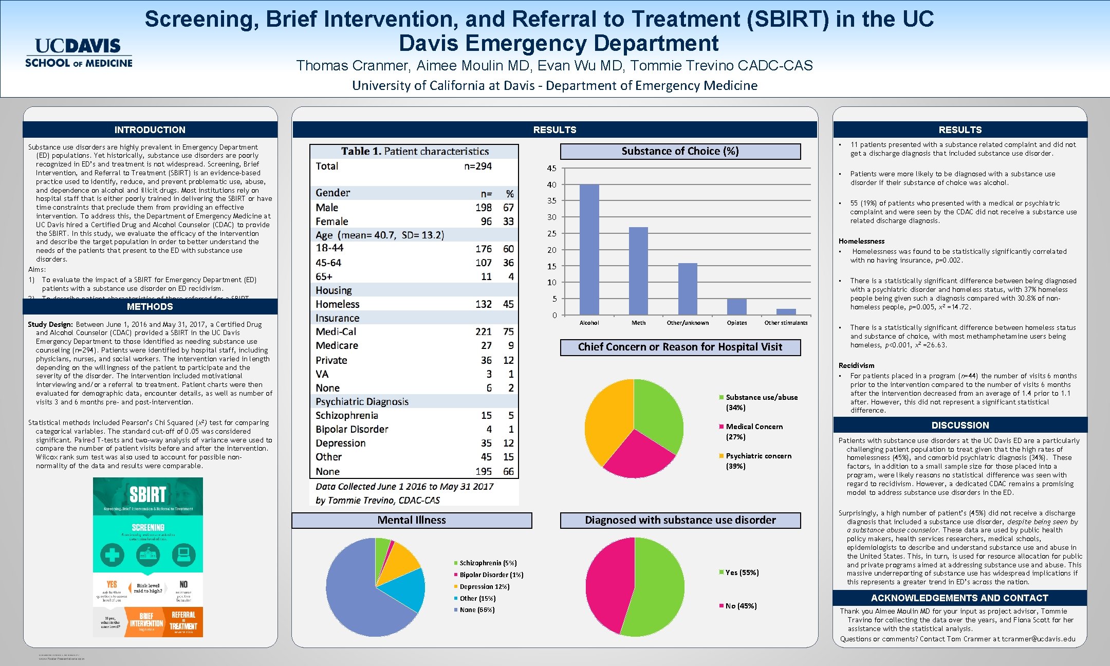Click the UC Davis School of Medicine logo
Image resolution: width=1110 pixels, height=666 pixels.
click(x=79, y=53)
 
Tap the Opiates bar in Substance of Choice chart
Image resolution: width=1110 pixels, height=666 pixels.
click(x=736, y=307)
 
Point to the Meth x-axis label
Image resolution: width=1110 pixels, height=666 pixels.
click(x=638, y=323)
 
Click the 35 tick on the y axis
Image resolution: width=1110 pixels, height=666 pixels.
click(x=551, y=201)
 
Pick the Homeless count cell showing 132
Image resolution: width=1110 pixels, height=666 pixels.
click(x=483, y=304)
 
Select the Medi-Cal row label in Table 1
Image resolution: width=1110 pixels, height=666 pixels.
click(x=336, y=332)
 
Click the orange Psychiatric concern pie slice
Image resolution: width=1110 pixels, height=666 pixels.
click(x=606, y=421)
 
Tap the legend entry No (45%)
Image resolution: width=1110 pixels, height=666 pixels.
click(x=741, y=606)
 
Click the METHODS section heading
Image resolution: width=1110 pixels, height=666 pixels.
click(x=150, y=307)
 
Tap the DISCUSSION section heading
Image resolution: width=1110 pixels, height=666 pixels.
click(x=959, y=425)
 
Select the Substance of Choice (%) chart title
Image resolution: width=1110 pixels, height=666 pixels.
click(x=680, y=151)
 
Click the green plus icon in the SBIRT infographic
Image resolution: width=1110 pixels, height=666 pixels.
click(x=112, y=554)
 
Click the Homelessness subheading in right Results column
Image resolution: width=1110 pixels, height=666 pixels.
click(x=861, y=241)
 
